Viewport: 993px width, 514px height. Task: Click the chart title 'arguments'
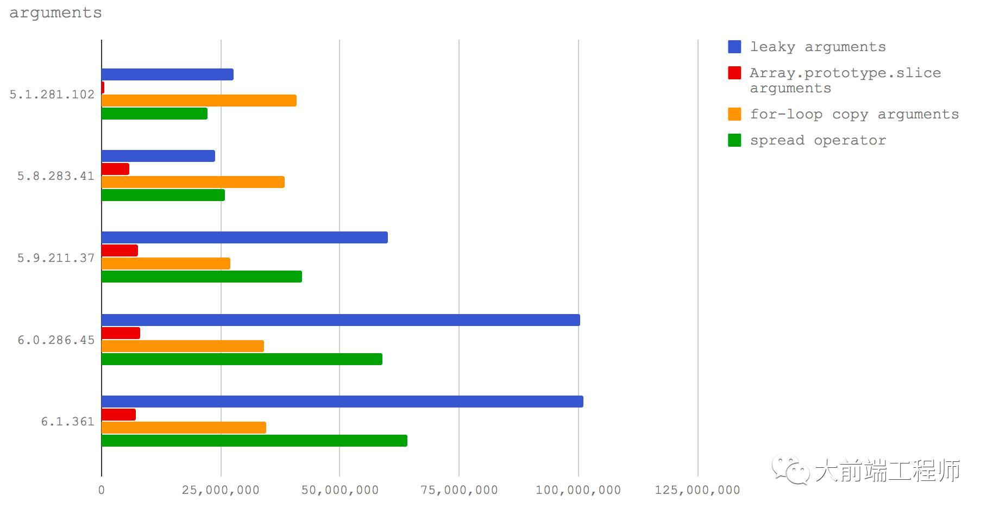click(55, 12)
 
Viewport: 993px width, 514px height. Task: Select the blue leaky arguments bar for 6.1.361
click(342, 402)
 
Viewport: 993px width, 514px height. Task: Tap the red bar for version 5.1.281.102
click(103, 87)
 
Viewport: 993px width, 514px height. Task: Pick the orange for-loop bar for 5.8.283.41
click(193, 182)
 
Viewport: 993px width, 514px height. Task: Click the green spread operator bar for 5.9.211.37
click(202, 277)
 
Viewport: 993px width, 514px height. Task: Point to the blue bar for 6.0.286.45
click(341, 320)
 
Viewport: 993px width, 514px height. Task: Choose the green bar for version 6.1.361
click(254, 441)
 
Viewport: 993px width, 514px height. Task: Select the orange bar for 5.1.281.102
click(199, 101)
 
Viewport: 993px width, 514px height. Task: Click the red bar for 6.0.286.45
click(121, 333)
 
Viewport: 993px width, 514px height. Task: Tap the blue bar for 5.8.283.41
click(158, 156)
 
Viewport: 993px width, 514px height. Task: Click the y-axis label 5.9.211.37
click(56, 258)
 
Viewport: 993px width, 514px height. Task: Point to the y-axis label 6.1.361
click(68, 422)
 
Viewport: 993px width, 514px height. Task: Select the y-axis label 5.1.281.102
click(52, 95)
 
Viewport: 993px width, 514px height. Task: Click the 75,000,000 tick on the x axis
click(459, 490)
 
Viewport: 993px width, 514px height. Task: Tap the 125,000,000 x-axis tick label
click(697, 490)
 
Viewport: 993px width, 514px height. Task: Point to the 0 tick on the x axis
click(102, 490)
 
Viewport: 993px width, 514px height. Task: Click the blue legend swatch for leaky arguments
click(734, 47)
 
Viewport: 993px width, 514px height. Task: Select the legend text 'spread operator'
click(818, 140)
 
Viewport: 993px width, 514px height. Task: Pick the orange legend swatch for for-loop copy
click(734, 114)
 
